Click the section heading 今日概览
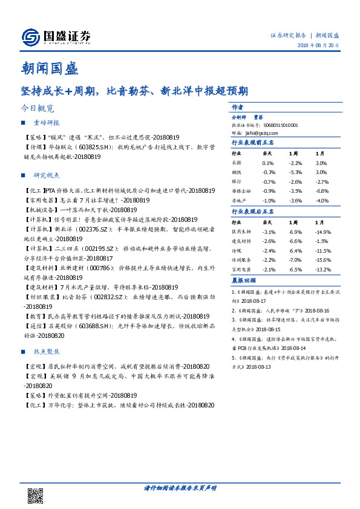coord(38,109)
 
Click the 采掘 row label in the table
coord(237,163)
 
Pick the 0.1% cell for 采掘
coord(268,163)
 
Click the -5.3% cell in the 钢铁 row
coord(295,172)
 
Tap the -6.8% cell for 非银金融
coord(322,191)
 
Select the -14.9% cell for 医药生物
coord(323,232)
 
